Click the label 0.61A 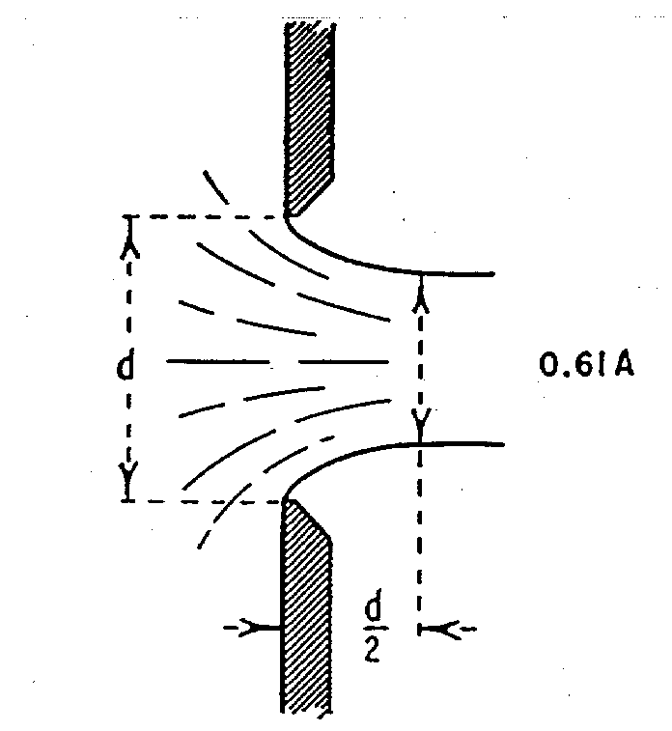point(587,365)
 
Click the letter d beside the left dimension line point(125,364)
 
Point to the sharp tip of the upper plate point(286,216)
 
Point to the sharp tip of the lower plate point(284,500)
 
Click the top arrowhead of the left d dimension point(129,246)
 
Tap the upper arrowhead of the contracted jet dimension point(421,299)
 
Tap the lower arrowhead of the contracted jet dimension point(420,418)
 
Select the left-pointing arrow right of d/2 point(447,630)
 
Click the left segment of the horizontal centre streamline point(217,361)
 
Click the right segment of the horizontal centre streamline point(344,361)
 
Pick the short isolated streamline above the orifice point(215,187)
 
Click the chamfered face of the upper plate point(316,197)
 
